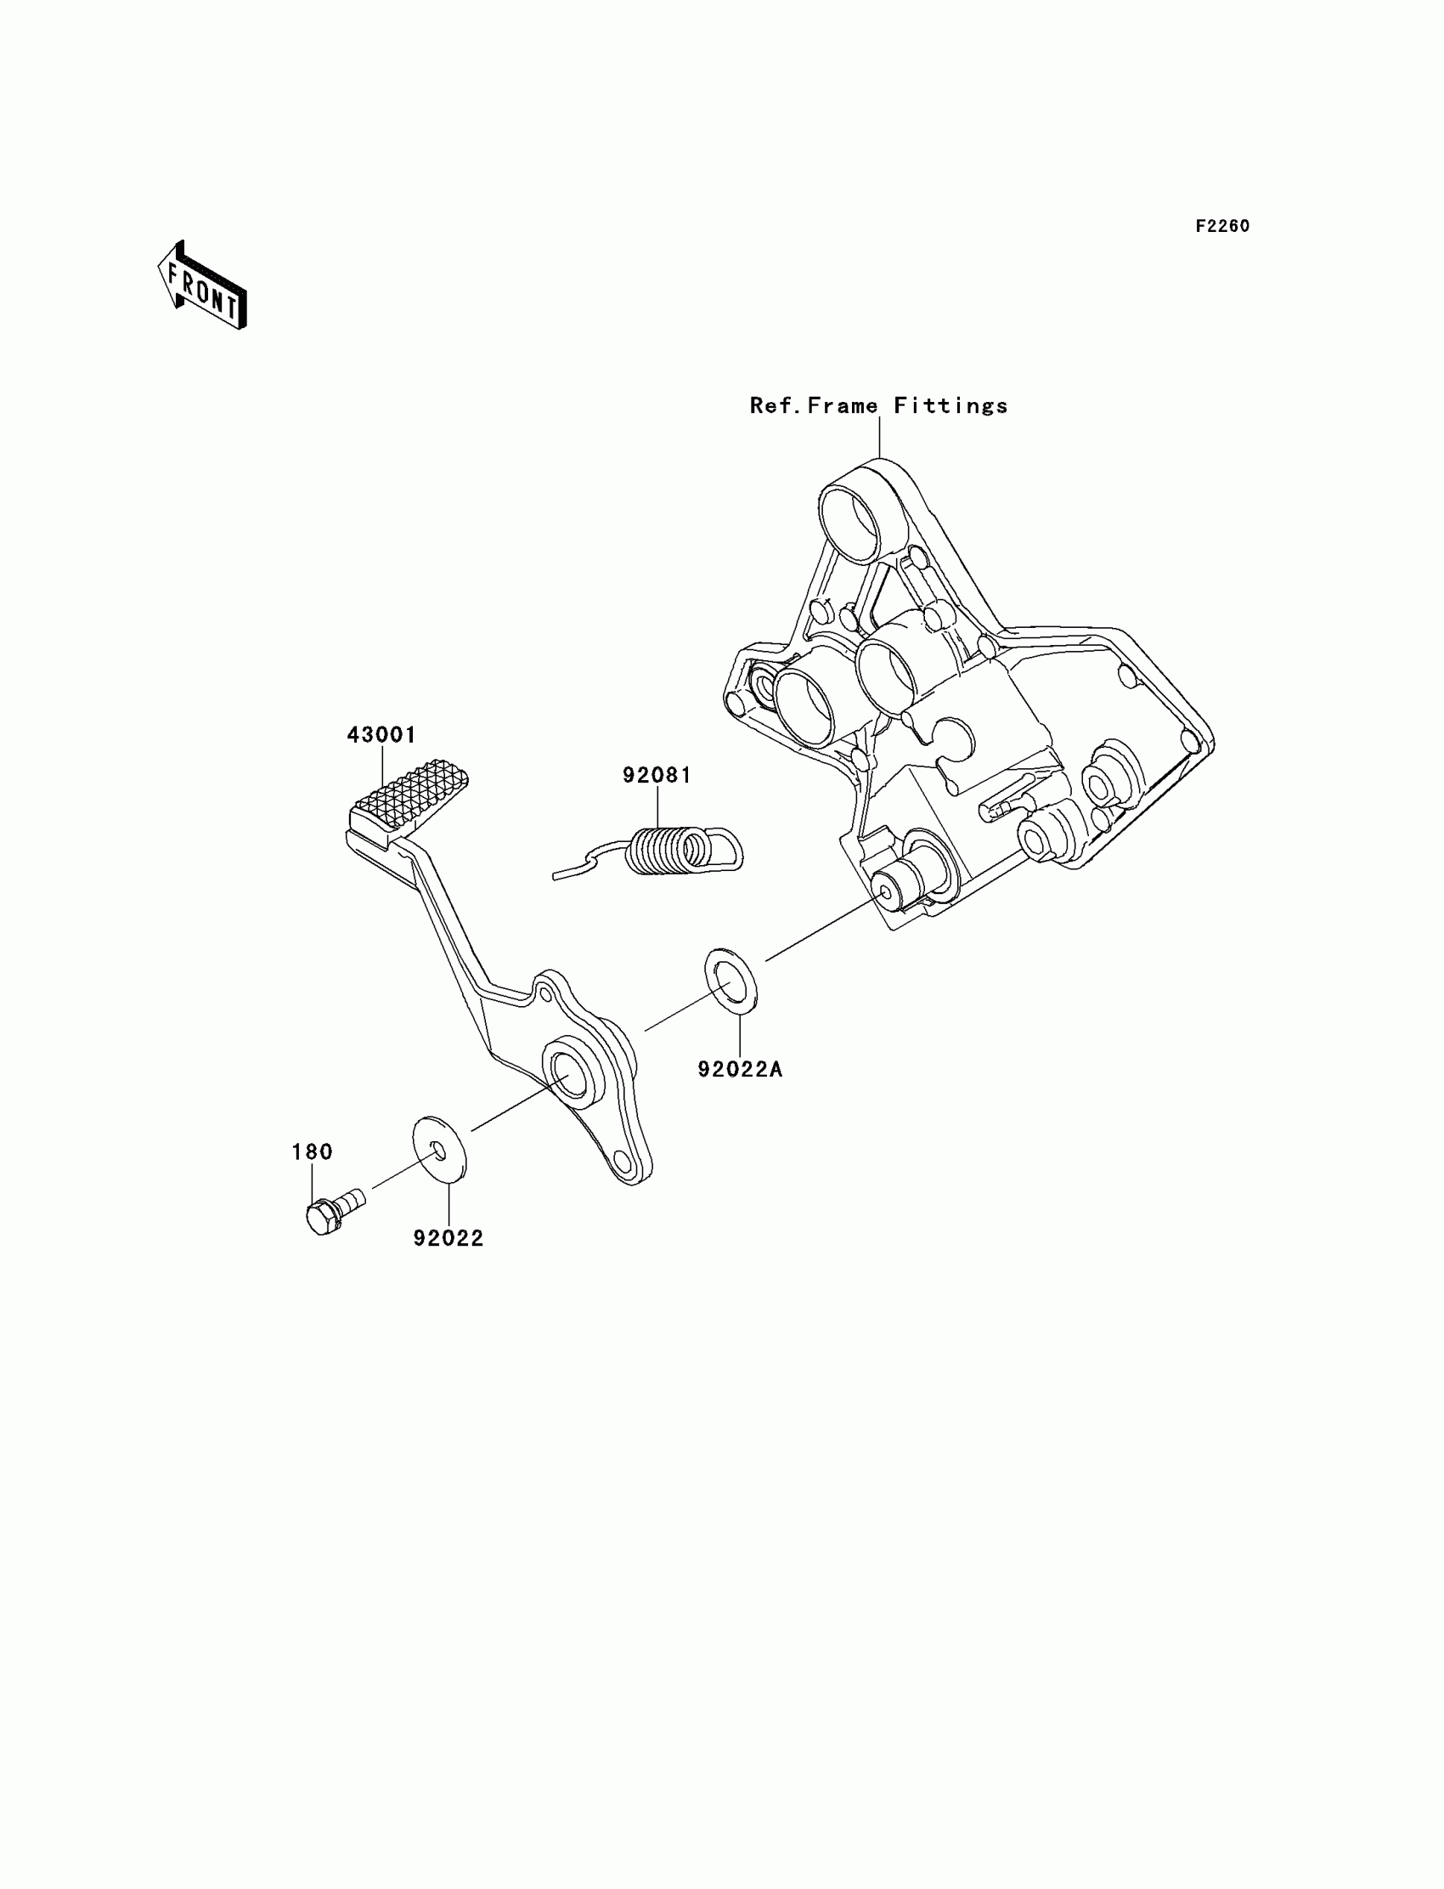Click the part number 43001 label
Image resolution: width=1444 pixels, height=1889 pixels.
pos(381,735)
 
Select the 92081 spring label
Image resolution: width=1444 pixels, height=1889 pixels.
pos(657,775)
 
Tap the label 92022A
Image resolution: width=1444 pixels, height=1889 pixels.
pos(740,1069)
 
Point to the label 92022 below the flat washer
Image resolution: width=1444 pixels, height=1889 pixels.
pos(448,1238)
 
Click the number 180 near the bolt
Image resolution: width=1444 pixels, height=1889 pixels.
pos(312,1151)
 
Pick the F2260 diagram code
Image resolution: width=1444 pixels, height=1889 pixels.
pos(1222,226)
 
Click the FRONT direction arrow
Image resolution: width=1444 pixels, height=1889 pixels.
pos(203,286)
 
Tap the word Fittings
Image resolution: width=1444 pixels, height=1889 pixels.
pos(950,406)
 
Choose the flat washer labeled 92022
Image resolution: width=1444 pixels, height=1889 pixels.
pos(439,1149)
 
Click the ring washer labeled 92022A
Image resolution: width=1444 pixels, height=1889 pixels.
pos(731,981)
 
